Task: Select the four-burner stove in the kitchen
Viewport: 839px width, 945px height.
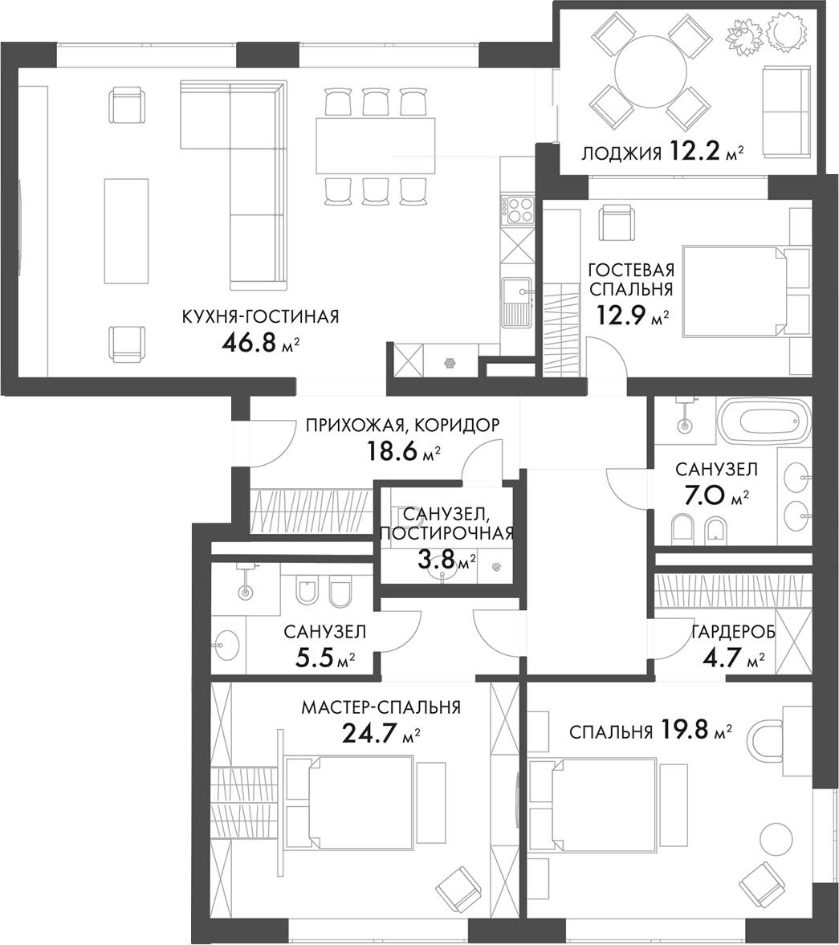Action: click(x=518, y=210)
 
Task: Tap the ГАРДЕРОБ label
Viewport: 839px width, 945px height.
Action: click(x=733, y=632)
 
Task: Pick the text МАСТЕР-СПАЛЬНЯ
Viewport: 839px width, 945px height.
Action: click(x=381, y=707)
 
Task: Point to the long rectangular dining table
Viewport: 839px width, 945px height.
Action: click(x=375, y=145)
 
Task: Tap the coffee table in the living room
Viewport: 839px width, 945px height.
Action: click(x=126, y=230)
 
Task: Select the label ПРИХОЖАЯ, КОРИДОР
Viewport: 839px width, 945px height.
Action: click(x=403, y=426)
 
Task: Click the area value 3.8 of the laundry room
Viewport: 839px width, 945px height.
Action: click(x=435, y=558)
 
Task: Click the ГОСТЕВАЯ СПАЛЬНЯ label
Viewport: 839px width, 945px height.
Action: click(x=630, y=279)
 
